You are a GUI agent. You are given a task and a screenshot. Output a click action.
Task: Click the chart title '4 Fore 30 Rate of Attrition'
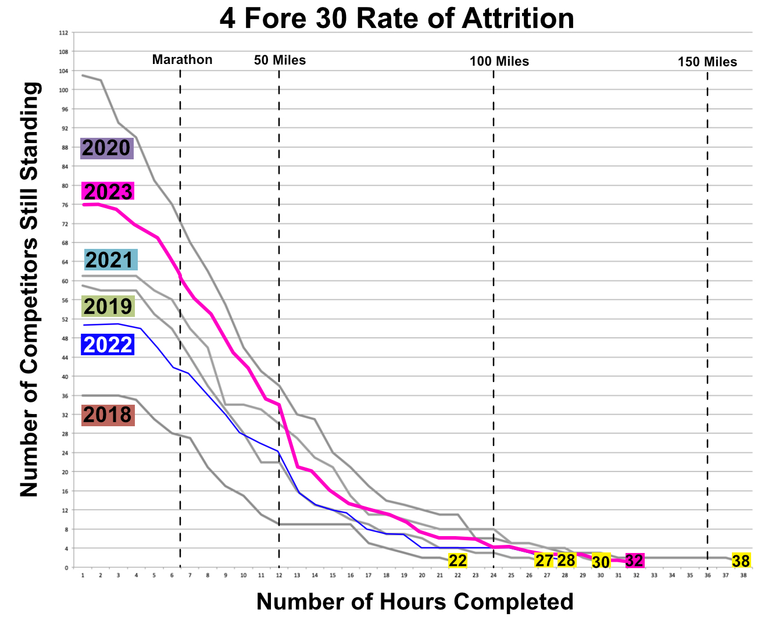pos(397,18)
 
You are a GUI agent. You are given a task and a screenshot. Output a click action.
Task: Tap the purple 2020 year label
pos(107,148)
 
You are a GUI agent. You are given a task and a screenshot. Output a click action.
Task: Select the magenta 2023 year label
pos(108,191)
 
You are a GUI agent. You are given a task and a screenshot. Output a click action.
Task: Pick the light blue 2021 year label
pos(110,259)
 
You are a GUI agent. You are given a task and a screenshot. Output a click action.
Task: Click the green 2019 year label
pos(108,306)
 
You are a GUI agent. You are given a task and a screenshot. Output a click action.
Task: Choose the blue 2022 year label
pos(108,345)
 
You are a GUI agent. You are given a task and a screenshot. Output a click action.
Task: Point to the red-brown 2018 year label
pos(108,415)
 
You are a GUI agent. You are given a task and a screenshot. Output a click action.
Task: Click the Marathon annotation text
pos(182,59)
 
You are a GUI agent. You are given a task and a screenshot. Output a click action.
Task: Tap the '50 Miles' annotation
pos(280,60)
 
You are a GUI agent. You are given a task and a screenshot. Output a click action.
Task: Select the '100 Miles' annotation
pos(499,62)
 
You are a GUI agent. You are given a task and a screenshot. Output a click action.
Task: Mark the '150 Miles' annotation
pos(707,62)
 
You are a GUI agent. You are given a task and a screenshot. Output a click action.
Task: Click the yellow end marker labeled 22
pos(458,561)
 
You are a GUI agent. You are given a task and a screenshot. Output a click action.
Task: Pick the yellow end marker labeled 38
pos(741,561)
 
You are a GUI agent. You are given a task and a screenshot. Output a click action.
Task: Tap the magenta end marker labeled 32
pos(635,561)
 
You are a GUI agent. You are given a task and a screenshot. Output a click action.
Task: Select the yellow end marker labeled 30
pos(601,561)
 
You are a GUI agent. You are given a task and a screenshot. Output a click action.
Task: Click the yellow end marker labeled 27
pos(545,561)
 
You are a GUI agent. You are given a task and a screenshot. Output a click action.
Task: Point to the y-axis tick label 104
pos(63,71)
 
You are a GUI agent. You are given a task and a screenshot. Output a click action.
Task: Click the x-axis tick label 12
pos(279,576)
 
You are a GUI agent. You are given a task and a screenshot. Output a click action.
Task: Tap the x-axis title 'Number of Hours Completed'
pos(415,602)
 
